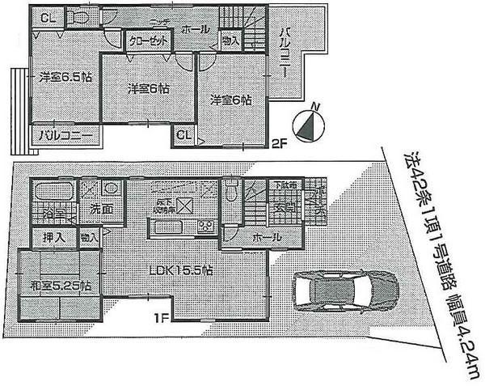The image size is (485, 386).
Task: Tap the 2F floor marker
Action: click(279, 145)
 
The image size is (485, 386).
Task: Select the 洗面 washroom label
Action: click(100, 209)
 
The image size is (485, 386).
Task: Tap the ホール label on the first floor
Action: click(268, 237)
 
